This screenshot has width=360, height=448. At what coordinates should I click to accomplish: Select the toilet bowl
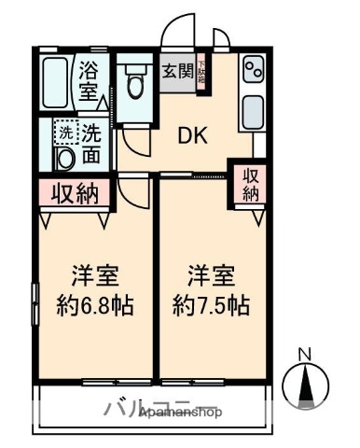click(x=136, y=81)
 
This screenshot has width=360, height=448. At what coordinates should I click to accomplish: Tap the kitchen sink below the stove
click(x=253, y=113)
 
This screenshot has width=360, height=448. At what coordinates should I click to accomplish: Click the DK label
click(x=195, y=136)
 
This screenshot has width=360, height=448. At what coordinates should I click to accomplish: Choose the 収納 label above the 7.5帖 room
click(x=251, y=184)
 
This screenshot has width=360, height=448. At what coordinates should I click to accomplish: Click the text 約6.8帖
click(x=96, y=305)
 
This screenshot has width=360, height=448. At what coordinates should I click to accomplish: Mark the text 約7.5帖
click(x=210, y=305)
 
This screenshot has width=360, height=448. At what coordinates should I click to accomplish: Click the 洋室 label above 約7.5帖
click(x=210, y=276)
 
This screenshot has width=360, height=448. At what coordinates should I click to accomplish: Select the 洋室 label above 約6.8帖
click(x=96, y=276)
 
